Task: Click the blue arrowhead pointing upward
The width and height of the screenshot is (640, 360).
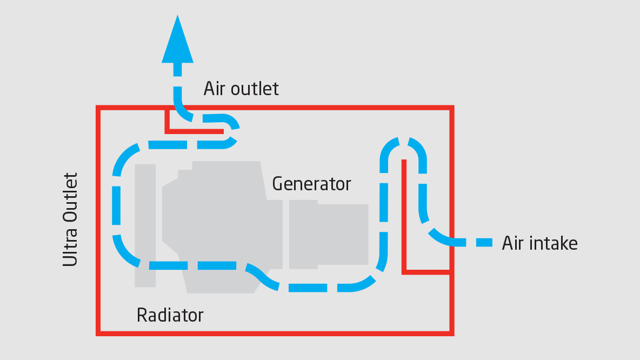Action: click(x=177, y=40)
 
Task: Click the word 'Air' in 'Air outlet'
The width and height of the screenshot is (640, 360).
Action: click(x=215, y=89)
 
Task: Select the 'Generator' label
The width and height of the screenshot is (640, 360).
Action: click(x=311, y=184)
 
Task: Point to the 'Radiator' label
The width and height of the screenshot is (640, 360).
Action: click(x=170, y=315)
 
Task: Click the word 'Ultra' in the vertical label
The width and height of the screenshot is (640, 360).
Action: click(x=70, y=246)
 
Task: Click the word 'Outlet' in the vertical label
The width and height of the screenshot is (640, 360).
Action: click(x=70, y=197)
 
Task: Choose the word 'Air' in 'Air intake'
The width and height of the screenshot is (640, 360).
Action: click(x=514, y=243)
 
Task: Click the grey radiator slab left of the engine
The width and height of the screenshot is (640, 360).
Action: click(x=145, y=225)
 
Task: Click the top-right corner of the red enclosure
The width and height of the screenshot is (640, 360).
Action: click(x=451, y=108)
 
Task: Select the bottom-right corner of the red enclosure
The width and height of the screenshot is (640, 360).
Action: click(x=451, y=332)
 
